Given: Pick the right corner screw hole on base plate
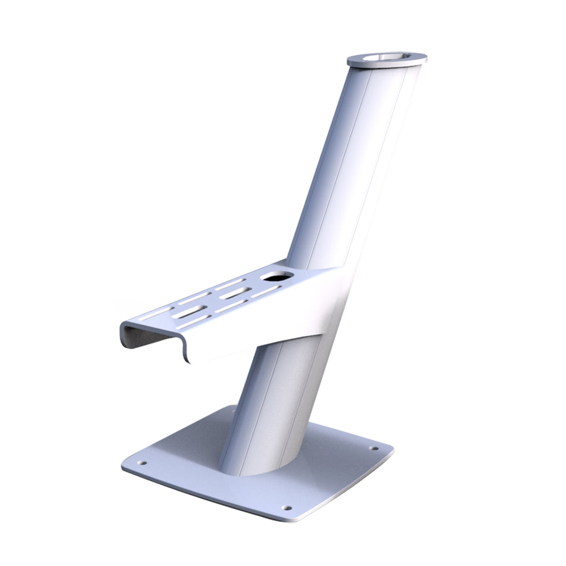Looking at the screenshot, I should tap(374, 448).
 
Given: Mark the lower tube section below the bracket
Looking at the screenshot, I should tap(274, 405).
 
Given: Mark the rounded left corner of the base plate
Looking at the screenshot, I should tap(125, 465).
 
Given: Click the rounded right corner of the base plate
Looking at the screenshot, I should tap(390, 450).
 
